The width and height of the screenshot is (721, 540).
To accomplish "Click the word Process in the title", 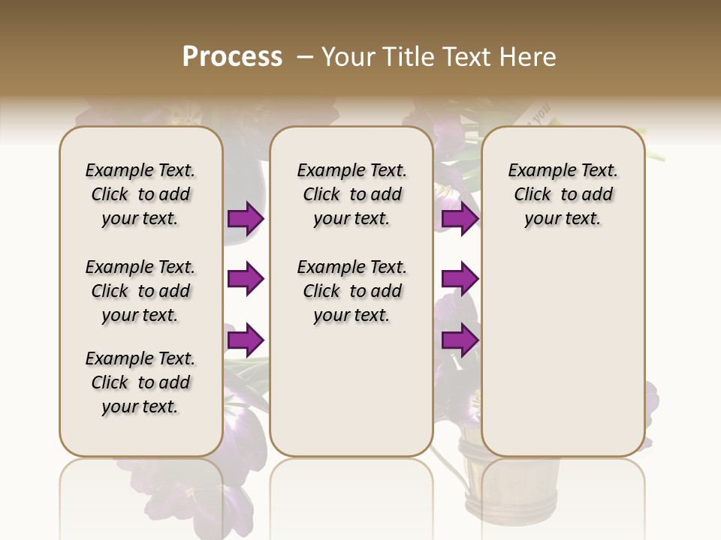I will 232,57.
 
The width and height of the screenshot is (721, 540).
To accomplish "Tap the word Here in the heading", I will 529,57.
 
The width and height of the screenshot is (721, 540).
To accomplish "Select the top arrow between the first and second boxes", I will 246,219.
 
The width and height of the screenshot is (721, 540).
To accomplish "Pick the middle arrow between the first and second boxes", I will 246,280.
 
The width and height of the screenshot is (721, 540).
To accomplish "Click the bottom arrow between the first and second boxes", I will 246,340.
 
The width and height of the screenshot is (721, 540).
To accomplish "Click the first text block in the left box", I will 140,194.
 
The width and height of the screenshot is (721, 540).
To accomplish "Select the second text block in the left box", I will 140,291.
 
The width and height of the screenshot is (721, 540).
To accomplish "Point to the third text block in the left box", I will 140,382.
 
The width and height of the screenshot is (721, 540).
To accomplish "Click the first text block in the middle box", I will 352,194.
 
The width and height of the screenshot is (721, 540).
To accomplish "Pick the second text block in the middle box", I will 352,291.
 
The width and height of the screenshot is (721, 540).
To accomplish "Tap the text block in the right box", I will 563,194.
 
